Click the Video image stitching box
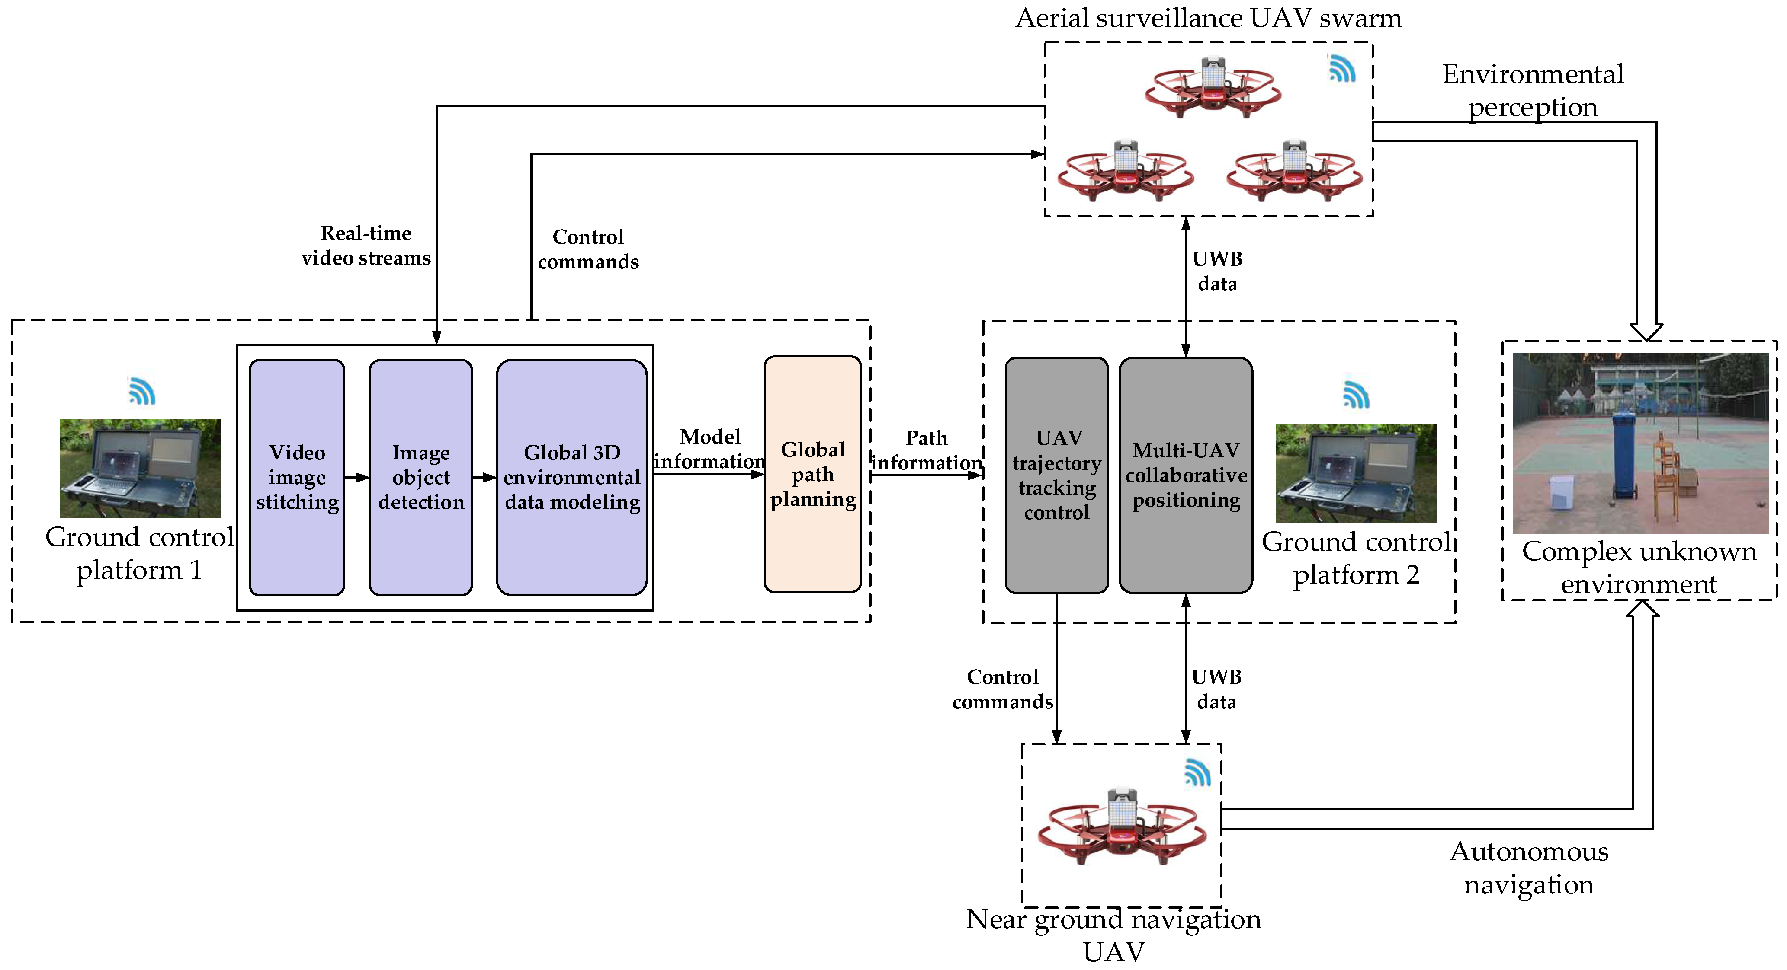pyautogui.click(x=297, y=477)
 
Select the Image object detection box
pyautogui.click(x=420, y=477)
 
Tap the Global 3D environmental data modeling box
pyautogui.click(x=571, y=477)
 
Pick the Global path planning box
pyautogui.click(x=812, y=474)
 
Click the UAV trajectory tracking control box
pyautogui.click(x=1056, y=475)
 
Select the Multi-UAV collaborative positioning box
pyautogui.click(x=1186, y=475)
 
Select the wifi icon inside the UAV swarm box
pyautogui.click(x=1341, y=69)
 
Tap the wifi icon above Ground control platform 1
pyautogui.click(x=141, y=391)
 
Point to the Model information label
pyautogui.click(x=710, y=449)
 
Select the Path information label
pyautogui.click(x=926, y=450)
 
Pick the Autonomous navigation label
pyautogui.click(x=1529, y=868)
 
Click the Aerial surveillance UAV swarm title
pyautogui.click(x=1209, y=18)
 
